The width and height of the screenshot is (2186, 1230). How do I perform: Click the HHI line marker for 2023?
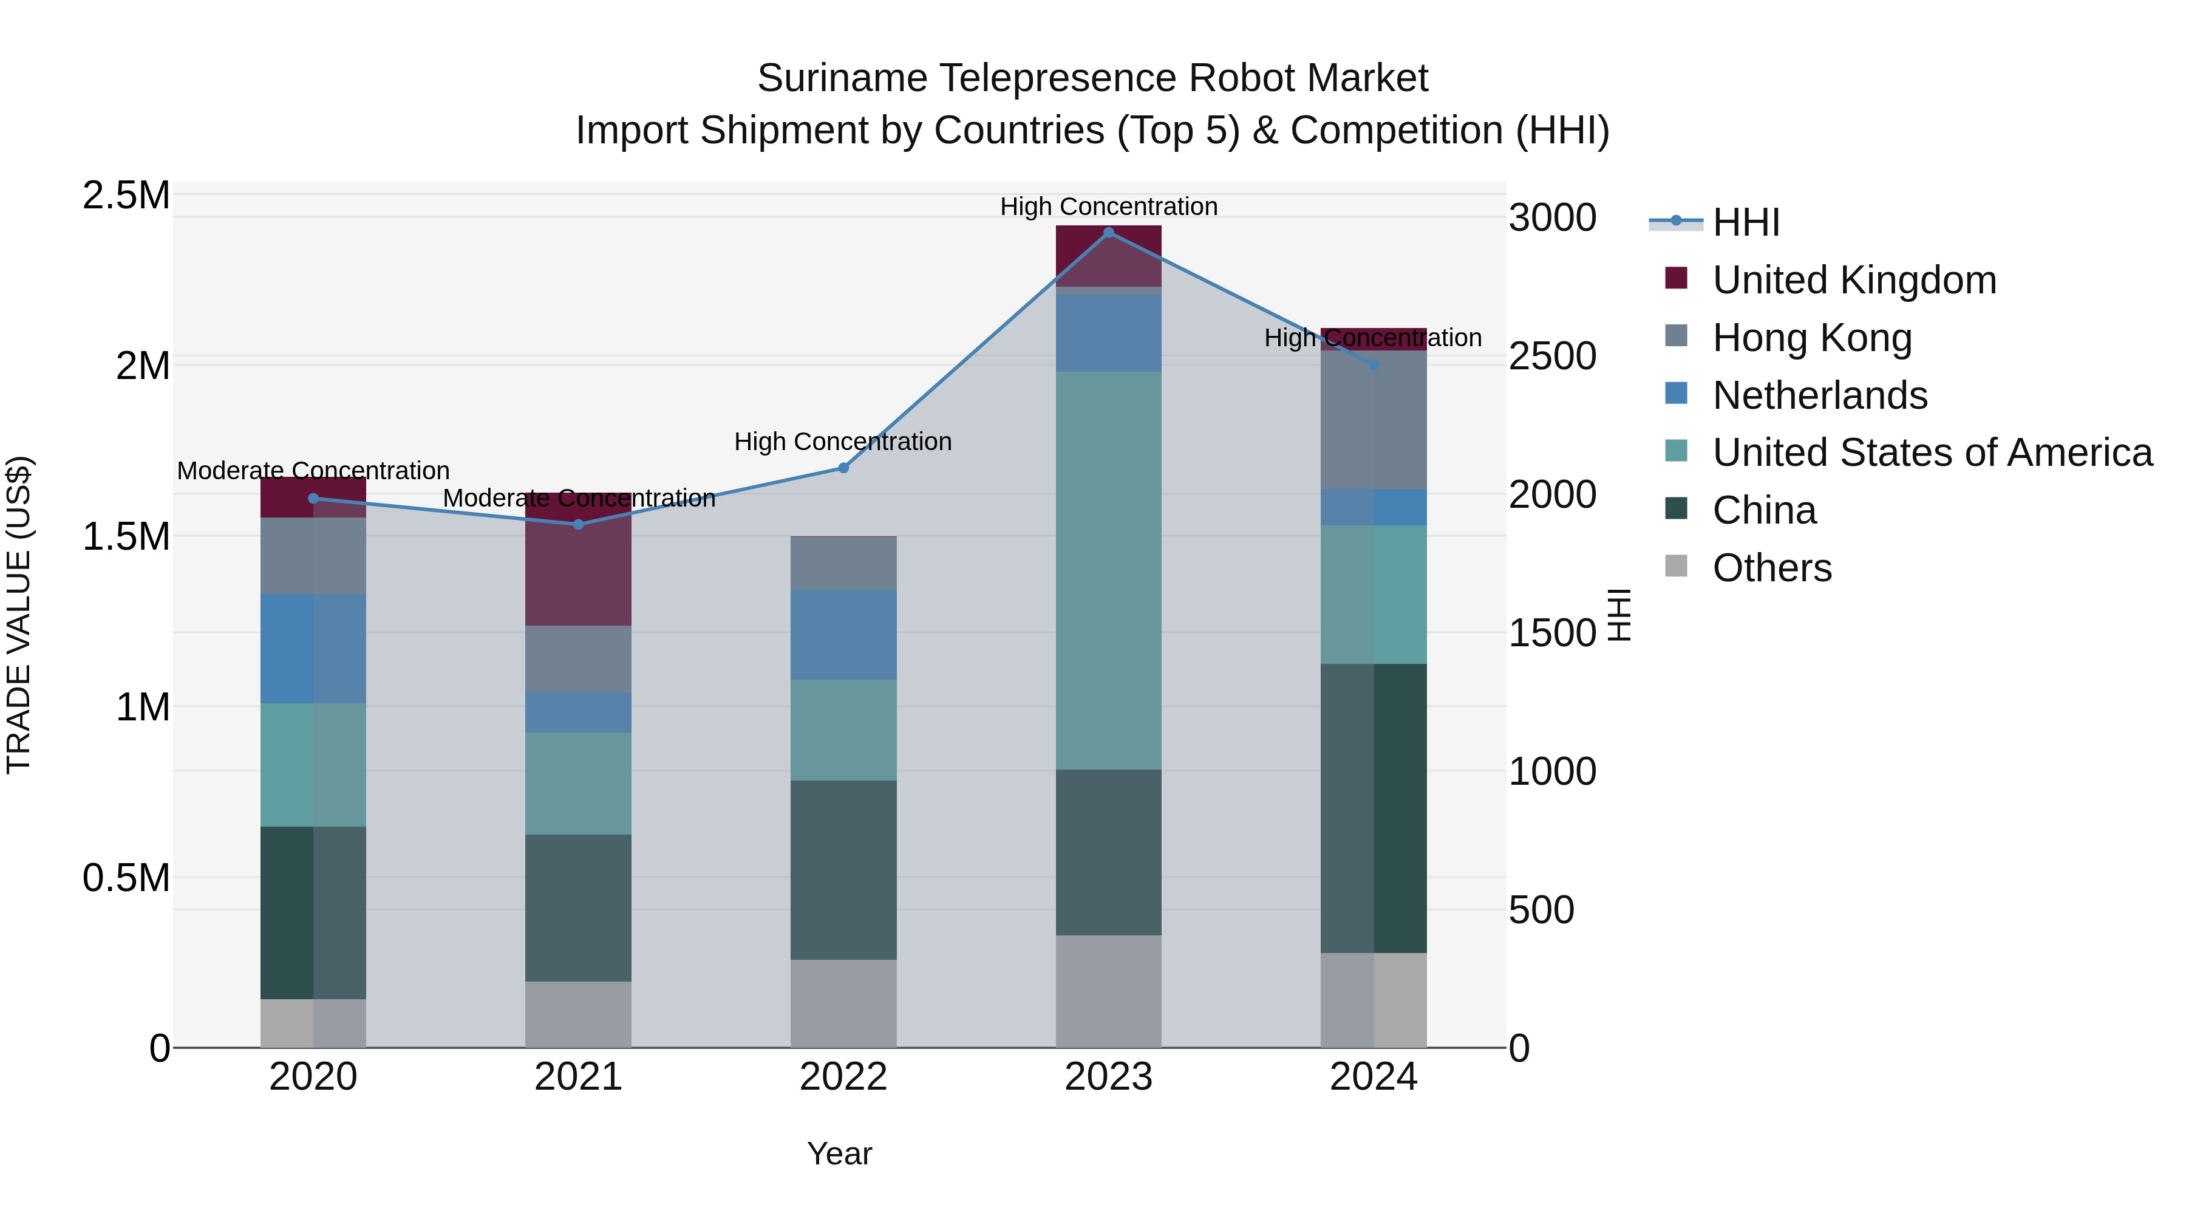(1108, 233)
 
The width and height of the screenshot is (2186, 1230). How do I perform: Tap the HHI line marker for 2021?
(579, 525)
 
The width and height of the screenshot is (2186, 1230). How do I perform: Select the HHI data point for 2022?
(843, 468)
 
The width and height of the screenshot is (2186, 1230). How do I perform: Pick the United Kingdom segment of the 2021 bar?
(579, 560)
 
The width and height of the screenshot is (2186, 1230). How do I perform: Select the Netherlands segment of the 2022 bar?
(843, 634)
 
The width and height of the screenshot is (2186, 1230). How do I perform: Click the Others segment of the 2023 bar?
(1108, 991)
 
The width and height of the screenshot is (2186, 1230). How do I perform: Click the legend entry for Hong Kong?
(1812, 338)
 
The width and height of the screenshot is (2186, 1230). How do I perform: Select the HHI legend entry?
(1746, 222)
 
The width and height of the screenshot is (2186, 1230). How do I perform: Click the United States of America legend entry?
(1932, 453)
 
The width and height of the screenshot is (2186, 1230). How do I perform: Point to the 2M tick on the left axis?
(143, 366)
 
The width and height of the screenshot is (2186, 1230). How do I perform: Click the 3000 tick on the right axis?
(1552, 218)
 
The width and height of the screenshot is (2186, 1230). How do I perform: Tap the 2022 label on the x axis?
(843, 1077)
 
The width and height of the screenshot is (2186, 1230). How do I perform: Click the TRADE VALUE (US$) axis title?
(19, 615)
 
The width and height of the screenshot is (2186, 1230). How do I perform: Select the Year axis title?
(839, 1153)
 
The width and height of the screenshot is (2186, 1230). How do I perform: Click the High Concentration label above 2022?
(843, 442)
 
